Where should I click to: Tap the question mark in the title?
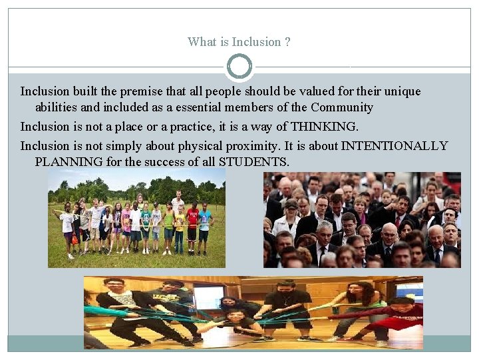287,42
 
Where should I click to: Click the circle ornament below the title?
239,67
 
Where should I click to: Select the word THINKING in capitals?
324,127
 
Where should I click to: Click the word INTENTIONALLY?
395,146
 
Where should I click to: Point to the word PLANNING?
69,162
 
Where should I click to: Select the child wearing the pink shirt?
126,227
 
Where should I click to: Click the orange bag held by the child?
75,239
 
